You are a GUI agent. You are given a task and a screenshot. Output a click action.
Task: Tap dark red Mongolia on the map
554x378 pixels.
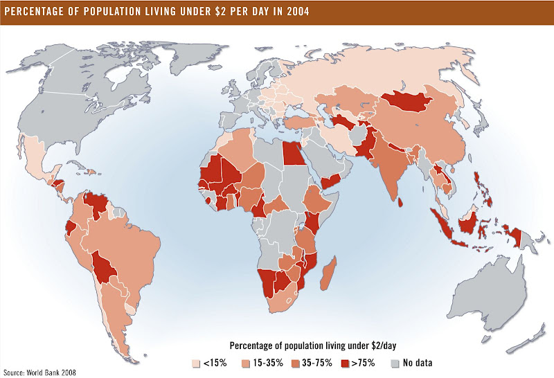404,101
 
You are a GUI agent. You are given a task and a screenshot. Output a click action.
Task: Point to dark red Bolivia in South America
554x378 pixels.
105,267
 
